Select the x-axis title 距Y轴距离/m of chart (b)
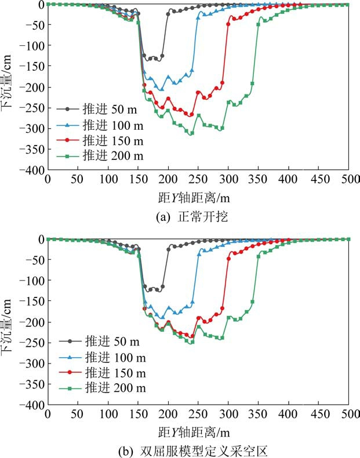click(x=197, y=431)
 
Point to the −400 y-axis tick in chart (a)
click(x=31, y=170)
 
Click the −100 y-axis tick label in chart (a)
click(x=31, y=45)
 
